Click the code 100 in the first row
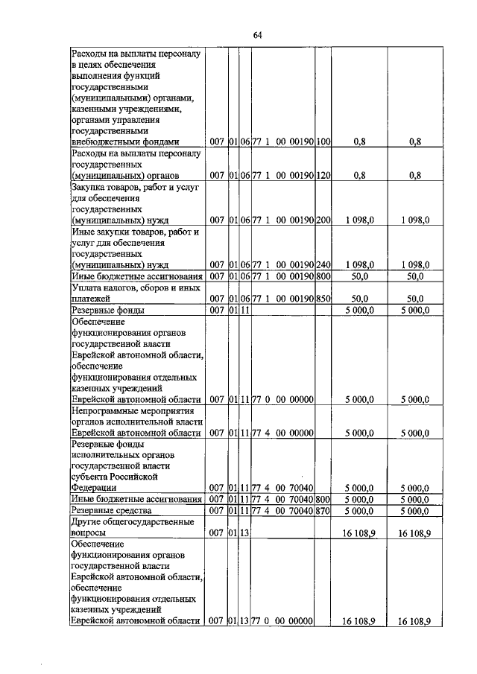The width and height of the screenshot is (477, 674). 323,141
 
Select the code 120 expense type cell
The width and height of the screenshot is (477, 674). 323,176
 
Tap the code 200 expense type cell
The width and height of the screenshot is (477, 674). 323,220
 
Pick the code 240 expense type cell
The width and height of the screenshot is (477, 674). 323,264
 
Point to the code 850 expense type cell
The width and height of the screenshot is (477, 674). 323,299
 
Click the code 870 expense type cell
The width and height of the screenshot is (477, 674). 323,511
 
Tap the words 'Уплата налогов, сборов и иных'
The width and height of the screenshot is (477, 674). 134,287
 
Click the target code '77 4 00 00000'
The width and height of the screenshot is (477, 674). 282,433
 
